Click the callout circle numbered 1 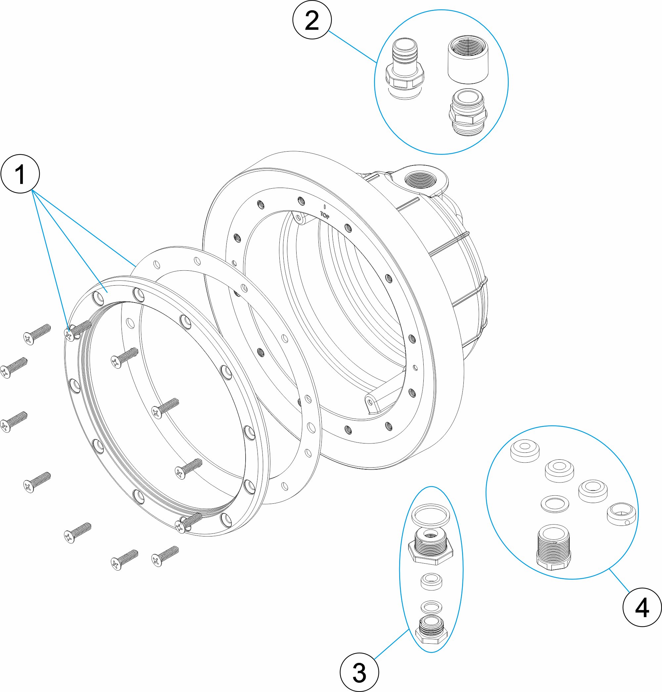[20, 174]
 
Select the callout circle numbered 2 [312, 20]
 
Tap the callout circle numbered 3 [359, 672]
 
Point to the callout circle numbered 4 [642, 607]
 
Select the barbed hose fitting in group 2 [405, 69]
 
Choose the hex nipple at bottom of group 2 [468, 112]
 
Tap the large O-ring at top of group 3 [431, 515]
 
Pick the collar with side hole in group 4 [621, 514]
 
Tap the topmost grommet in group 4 [525, 450]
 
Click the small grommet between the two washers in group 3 [432, 581]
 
